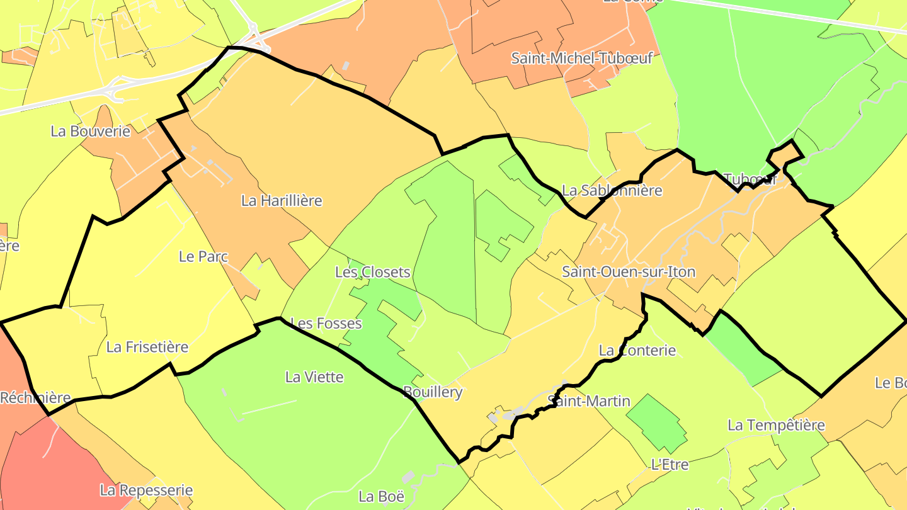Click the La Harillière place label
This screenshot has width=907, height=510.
[x=282, y=201]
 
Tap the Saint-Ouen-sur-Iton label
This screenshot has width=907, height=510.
[x=629, y=272]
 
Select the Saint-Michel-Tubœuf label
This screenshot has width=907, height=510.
[x=581, y=59]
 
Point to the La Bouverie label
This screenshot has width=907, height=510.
[x=90, y=132]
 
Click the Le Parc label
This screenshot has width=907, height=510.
[x=203, y=257]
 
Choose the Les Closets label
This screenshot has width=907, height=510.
[x=373, y=273]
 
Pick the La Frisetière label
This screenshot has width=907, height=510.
[x=147, y=347]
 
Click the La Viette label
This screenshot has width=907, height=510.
[x=314, y=377]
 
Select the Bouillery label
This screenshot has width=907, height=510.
[x=433, y=392]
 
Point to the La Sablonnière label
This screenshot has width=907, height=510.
[x=612, y=190]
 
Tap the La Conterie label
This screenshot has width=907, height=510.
[x=637, y=351]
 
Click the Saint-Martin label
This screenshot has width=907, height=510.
[x=589, y=401]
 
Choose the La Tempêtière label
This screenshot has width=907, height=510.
[x=776, y=425]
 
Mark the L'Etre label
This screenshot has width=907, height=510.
[x=669, y=465]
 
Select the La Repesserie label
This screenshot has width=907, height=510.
[x=146, y=490]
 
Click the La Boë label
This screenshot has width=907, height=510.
[x=381, y=496]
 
